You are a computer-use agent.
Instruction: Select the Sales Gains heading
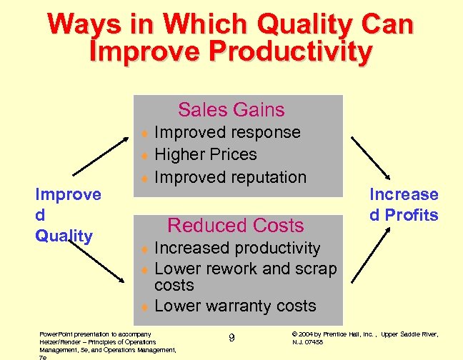231,109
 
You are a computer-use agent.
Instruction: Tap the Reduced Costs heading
235,225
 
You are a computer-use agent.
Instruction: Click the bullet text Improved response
227,132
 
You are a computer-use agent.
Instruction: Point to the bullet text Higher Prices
206,154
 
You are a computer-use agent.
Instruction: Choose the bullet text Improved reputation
230,176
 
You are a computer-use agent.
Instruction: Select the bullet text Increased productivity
237,248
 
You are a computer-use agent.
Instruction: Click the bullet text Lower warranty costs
235,306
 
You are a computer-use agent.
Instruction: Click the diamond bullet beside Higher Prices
144,155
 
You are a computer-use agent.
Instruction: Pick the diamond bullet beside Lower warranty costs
144,306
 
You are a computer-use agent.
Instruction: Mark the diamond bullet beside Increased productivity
144,249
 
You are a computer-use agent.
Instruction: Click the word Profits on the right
412,214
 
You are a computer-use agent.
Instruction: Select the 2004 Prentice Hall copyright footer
365,338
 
